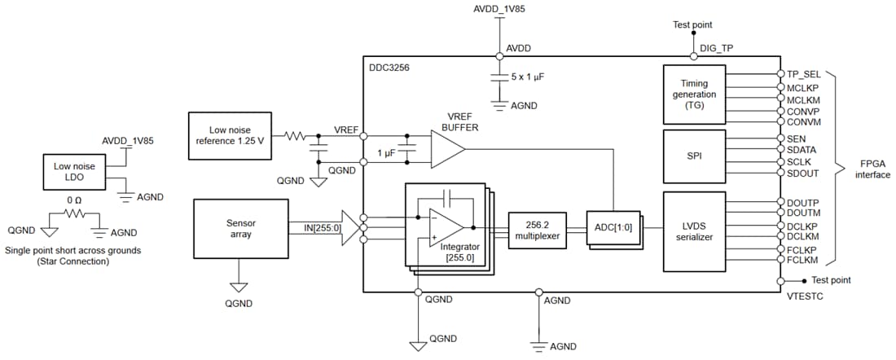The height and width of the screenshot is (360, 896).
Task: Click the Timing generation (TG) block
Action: click(693, 94)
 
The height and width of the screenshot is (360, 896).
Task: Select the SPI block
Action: click(693, 155)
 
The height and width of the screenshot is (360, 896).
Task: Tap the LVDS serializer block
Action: click(693, 230)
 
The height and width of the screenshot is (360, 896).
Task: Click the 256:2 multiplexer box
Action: click(537, 230)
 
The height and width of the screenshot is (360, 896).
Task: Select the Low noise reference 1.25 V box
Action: click(229, 135)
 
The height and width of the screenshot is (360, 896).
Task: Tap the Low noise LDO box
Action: click(74, 172)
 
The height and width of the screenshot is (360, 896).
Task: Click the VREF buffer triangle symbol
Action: click(446, 149)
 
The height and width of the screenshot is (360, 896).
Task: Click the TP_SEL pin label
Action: click(803, 73)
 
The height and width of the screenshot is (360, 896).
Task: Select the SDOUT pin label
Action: click(803, 173)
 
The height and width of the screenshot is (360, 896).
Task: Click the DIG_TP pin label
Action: click(716, 48)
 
